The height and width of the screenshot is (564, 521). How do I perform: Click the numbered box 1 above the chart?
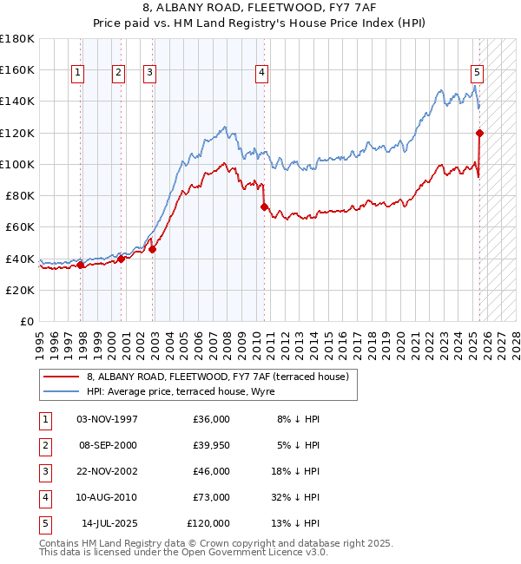pos(78,74)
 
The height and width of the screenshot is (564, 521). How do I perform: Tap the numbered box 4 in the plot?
pos(261,74)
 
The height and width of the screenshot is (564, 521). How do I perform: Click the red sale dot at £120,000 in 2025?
pos(479,133)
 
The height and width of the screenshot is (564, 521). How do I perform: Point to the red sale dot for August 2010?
pos(264,207)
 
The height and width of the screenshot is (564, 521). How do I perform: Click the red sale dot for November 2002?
pos(152,249)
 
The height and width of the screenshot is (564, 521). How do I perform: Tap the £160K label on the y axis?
pos(17,69)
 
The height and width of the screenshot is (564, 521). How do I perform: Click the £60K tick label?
pos(20,226)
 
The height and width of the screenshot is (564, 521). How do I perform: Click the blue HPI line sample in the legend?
pos(61,391)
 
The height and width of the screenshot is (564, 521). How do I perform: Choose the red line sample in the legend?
pos(61,377)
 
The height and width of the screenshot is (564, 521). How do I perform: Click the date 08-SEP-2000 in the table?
pos(107,445)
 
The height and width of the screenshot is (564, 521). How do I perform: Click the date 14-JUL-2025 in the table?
pos(109,523)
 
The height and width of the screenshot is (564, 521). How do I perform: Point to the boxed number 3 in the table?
pos(44,471)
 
